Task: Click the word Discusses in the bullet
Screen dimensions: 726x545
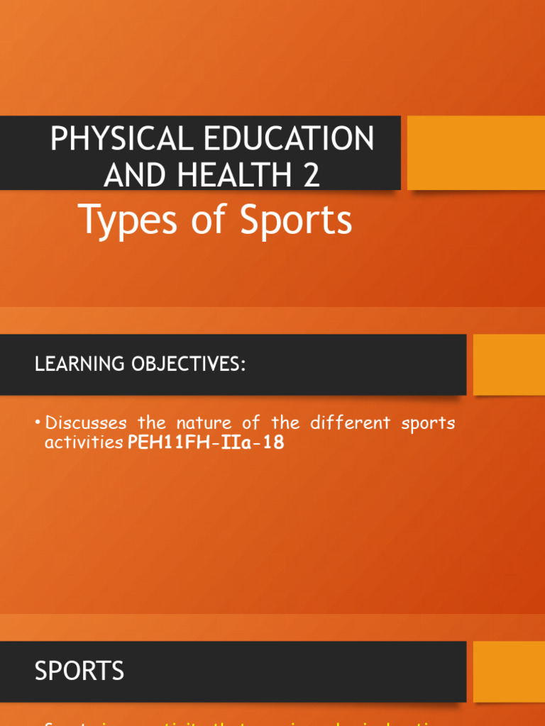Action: pyautogui.click(x=86, y=423)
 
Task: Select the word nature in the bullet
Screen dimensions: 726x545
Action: pyautogui.click(x=200, y=423)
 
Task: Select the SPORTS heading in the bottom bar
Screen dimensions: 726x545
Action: pyautogui.click(x=79, y=671)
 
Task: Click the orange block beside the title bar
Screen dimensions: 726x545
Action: pyautogui.click(x=475, y=153)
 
